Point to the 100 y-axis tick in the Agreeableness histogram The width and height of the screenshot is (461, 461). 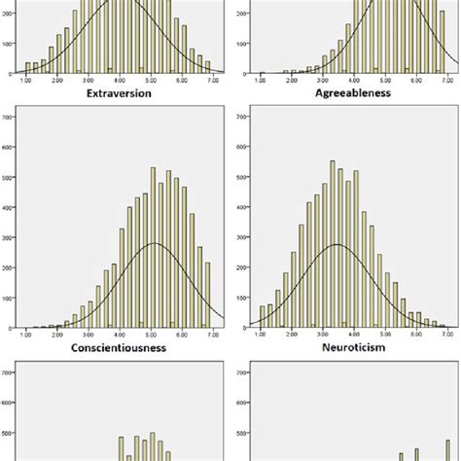[x=238, y=44]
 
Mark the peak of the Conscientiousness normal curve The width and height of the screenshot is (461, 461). [x=155, y=243]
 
